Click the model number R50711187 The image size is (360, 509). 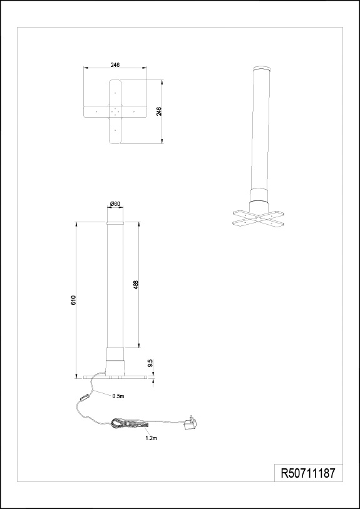point(307,473)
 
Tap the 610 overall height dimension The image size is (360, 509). point(73,301)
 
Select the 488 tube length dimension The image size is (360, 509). point(136,285)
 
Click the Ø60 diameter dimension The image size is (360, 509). point(115,203)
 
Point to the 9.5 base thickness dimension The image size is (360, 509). point(150,363)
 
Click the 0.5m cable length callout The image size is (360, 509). point(118,396)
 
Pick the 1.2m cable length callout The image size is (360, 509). point(151,438)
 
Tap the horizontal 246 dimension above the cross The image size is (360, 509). point(115,64)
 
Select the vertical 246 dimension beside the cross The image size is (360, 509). point(159,111)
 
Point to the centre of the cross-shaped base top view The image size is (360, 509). point(115,111)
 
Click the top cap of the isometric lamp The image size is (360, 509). point(262,69)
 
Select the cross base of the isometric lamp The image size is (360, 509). point(259,218)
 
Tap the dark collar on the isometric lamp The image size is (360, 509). point(259,206)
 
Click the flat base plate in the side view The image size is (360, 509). point(115,378)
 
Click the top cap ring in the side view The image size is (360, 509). point(115,224)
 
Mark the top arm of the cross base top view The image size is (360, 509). point(115,93)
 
